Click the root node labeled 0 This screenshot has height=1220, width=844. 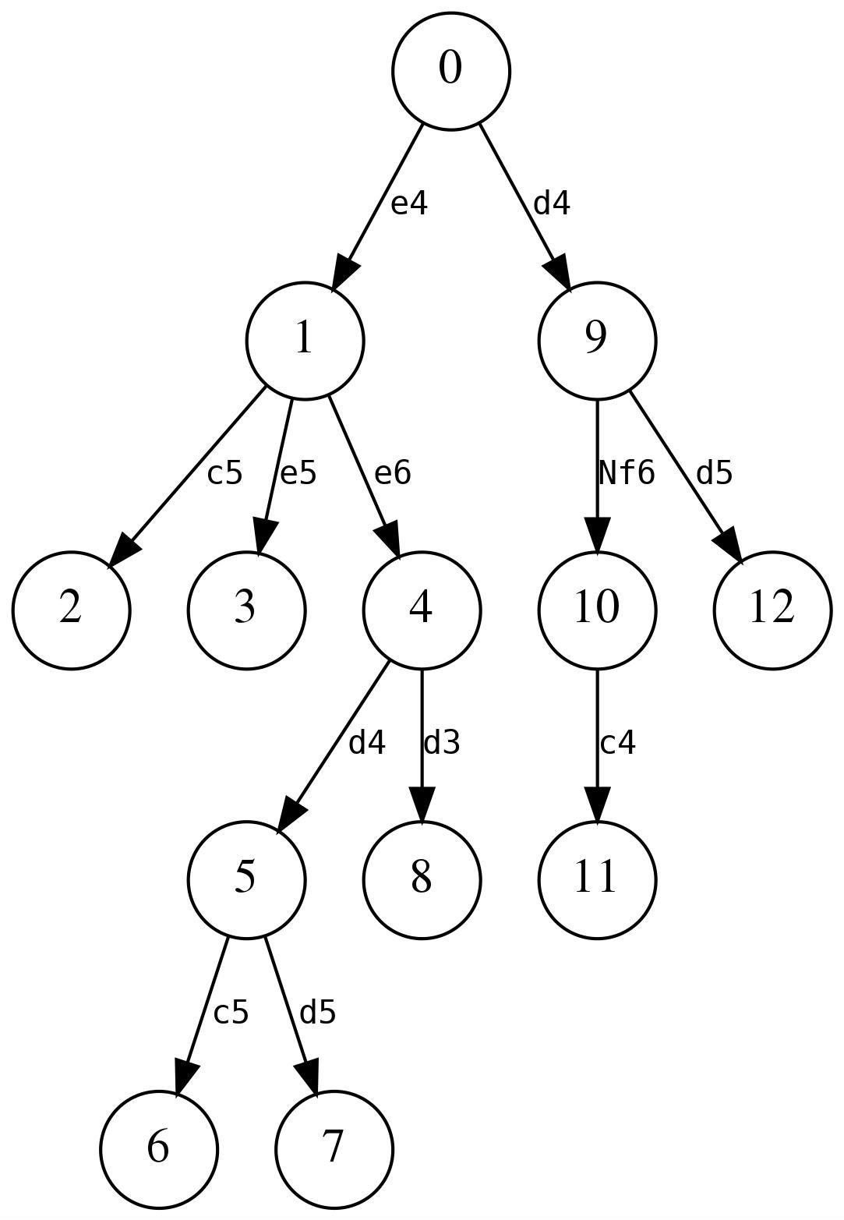[450, 70]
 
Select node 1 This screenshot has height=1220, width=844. [305, 340]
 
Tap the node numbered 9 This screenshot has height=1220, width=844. [596, 340]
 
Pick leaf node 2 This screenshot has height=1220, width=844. [70, 610]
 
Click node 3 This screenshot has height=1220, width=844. [245, 610]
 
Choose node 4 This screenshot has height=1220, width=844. [421, 610]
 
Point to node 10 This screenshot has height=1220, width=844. [596, 610]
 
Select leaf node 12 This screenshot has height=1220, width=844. [772, 610]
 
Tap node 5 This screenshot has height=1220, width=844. [245, 879]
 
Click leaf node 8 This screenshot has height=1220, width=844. [421, 879]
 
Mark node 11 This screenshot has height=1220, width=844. [596, 879]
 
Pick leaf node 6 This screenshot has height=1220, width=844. [158, 1148]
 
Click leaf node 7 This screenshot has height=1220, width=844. [334, 1148]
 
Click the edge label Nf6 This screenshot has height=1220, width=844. [626, 472]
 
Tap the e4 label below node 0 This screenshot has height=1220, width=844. [409, 203]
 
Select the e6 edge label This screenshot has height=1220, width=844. [392, 472]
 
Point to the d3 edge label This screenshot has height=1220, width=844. [441, 743]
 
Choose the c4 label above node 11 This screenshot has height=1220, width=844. [617, 743]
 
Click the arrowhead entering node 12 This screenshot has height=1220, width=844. [727, 543]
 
